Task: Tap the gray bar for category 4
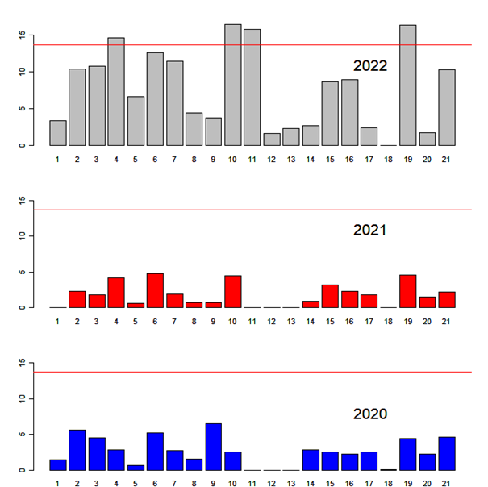[x=116, y=91]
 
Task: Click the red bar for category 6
[x=155, y=290]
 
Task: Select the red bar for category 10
[x=233, y=291]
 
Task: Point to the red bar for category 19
[x=408, y=291]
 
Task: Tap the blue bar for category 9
[x=214, y=447]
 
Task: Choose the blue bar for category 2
[x=77, y=450]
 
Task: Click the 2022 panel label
[x=370, y=66]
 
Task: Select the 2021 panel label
[x=370, y=230]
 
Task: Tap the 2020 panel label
[x=370, y=414]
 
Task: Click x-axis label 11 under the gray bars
[x=252, y=160]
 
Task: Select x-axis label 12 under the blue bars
[x=272, y=484]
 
